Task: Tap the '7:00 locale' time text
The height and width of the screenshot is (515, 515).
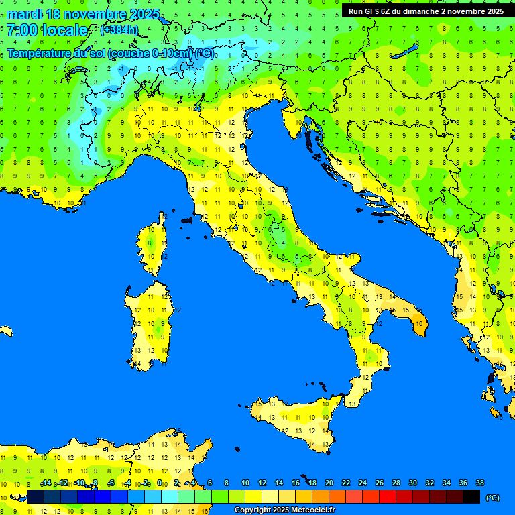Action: (x=47, y=30)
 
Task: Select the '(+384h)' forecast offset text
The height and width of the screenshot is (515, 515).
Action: (x=119, y=30)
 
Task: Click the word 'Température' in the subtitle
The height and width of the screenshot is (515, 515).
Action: (x=40, y=53)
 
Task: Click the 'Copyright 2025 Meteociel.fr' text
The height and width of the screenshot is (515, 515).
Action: (x=284, y=510)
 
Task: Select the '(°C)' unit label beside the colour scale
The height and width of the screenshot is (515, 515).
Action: (x=492, y=497)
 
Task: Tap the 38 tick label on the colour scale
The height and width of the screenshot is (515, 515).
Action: (x=479, y=483)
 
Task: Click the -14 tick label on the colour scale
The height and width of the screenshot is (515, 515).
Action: (x=46, y=483)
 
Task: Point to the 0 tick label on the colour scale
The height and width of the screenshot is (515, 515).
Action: (x=160, y=483)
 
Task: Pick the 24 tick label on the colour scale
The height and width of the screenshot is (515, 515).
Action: (x=362, y=483)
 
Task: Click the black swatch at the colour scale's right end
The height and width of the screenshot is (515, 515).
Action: (x=471, y=496)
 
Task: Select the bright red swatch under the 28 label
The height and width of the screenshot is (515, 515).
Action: (x=388, y=496)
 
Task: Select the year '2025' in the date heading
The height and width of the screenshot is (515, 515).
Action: (x=143, y=14)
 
